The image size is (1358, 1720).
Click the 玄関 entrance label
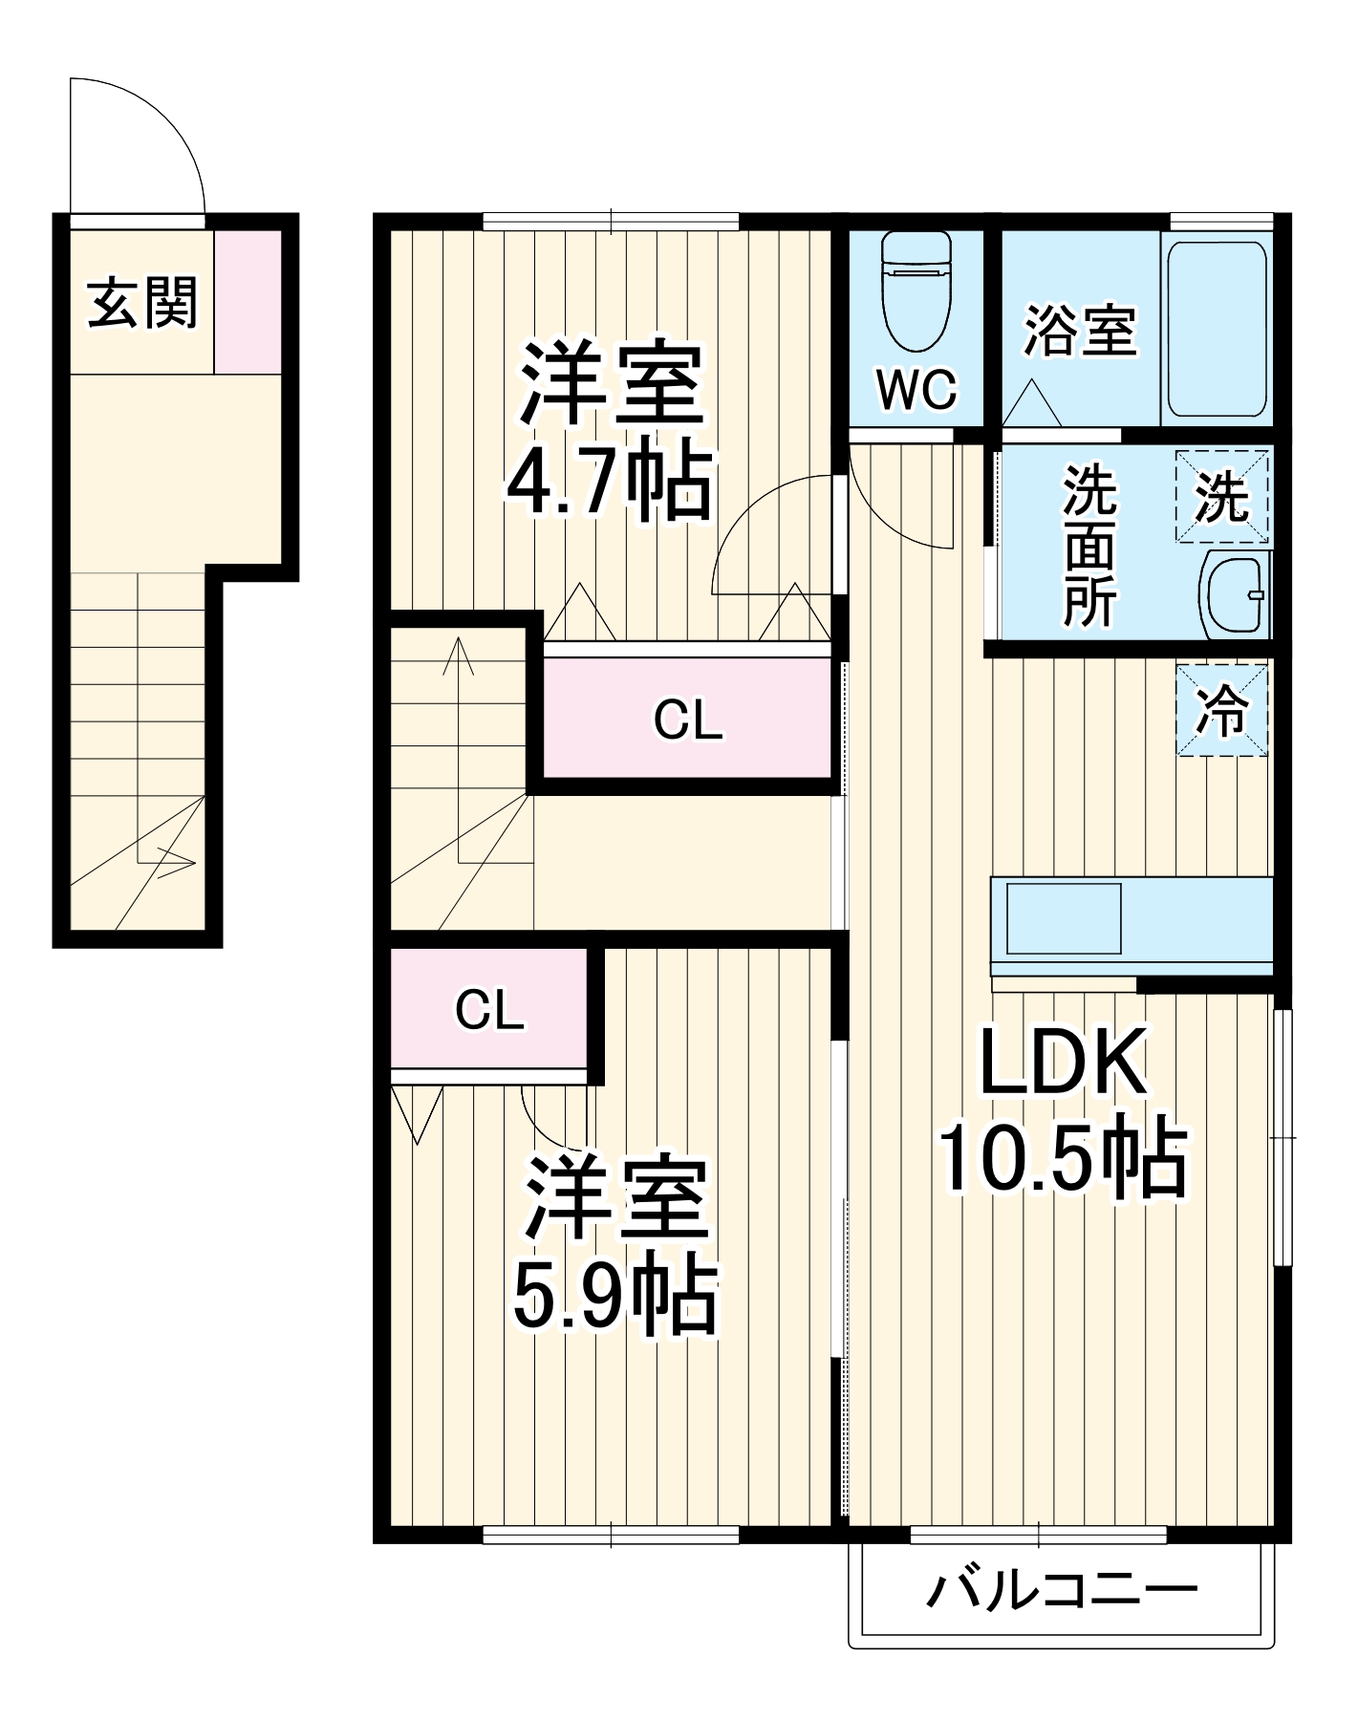point(142,303)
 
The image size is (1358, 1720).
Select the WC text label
point(916,389)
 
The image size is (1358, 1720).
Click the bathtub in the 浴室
point(1217,329)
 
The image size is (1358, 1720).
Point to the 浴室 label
point(1080,331)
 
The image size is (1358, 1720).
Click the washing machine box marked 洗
point(1221,497)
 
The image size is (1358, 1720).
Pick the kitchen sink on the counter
point(1063,918)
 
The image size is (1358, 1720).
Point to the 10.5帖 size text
point(1063,1158)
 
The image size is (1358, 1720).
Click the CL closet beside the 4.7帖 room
point(687,720)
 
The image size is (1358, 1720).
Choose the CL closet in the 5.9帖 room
point(488,1010)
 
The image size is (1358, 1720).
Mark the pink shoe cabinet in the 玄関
point(248,302)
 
